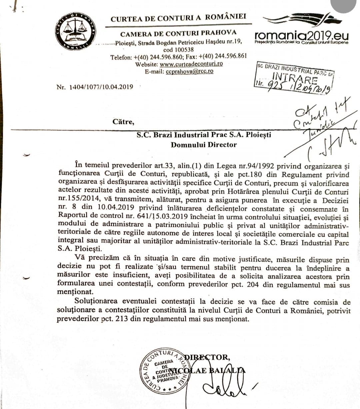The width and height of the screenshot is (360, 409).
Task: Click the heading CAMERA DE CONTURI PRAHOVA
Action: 178,33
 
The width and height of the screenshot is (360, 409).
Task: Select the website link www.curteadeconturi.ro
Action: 191,64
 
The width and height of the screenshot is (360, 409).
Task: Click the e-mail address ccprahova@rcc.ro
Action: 189,71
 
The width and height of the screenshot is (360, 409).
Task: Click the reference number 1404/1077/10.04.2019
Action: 101,87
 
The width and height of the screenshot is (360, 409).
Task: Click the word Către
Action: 123,122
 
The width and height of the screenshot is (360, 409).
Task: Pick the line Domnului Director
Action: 204,145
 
